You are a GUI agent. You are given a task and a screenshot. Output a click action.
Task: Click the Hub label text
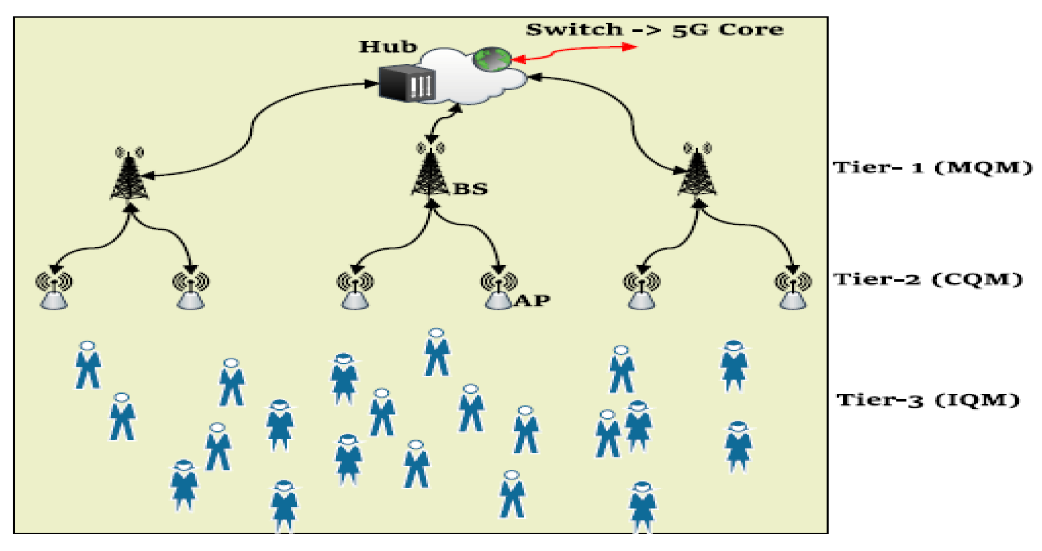[x=388, y=47]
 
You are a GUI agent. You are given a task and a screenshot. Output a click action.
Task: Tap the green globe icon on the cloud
[x=492, y=60]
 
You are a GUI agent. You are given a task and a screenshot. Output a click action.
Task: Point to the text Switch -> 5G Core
[x=654, y=30]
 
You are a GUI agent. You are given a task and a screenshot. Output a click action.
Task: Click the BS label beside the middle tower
[x=471, y=189]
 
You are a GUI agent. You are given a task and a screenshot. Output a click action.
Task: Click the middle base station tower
[x=430, y=172]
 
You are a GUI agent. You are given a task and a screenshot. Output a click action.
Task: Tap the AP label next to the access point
[x=532, y=301]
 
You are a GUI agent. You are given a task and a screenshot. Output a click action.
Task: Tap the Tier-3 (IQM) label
[x=927, y=400]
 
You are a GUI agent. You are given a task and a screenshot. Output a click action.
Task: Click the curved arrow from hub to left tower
[x=252, y=127]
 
